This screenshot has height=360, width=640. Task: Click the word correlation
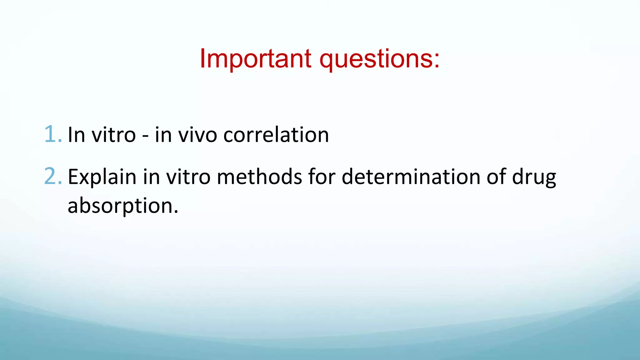point(276,135)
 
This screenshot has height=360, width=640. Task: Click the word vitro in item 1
point(113,135)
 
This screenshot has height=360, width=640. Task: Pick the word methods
point(259,177)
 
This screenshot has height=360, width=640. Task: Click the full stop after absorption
point(176,212)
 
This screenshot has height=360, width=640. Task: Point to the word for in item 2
point(322,177)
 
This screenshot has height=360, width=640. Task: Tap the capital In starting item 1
point(76,135)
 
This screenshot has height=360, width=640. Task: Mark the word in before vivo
point(163,135)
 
